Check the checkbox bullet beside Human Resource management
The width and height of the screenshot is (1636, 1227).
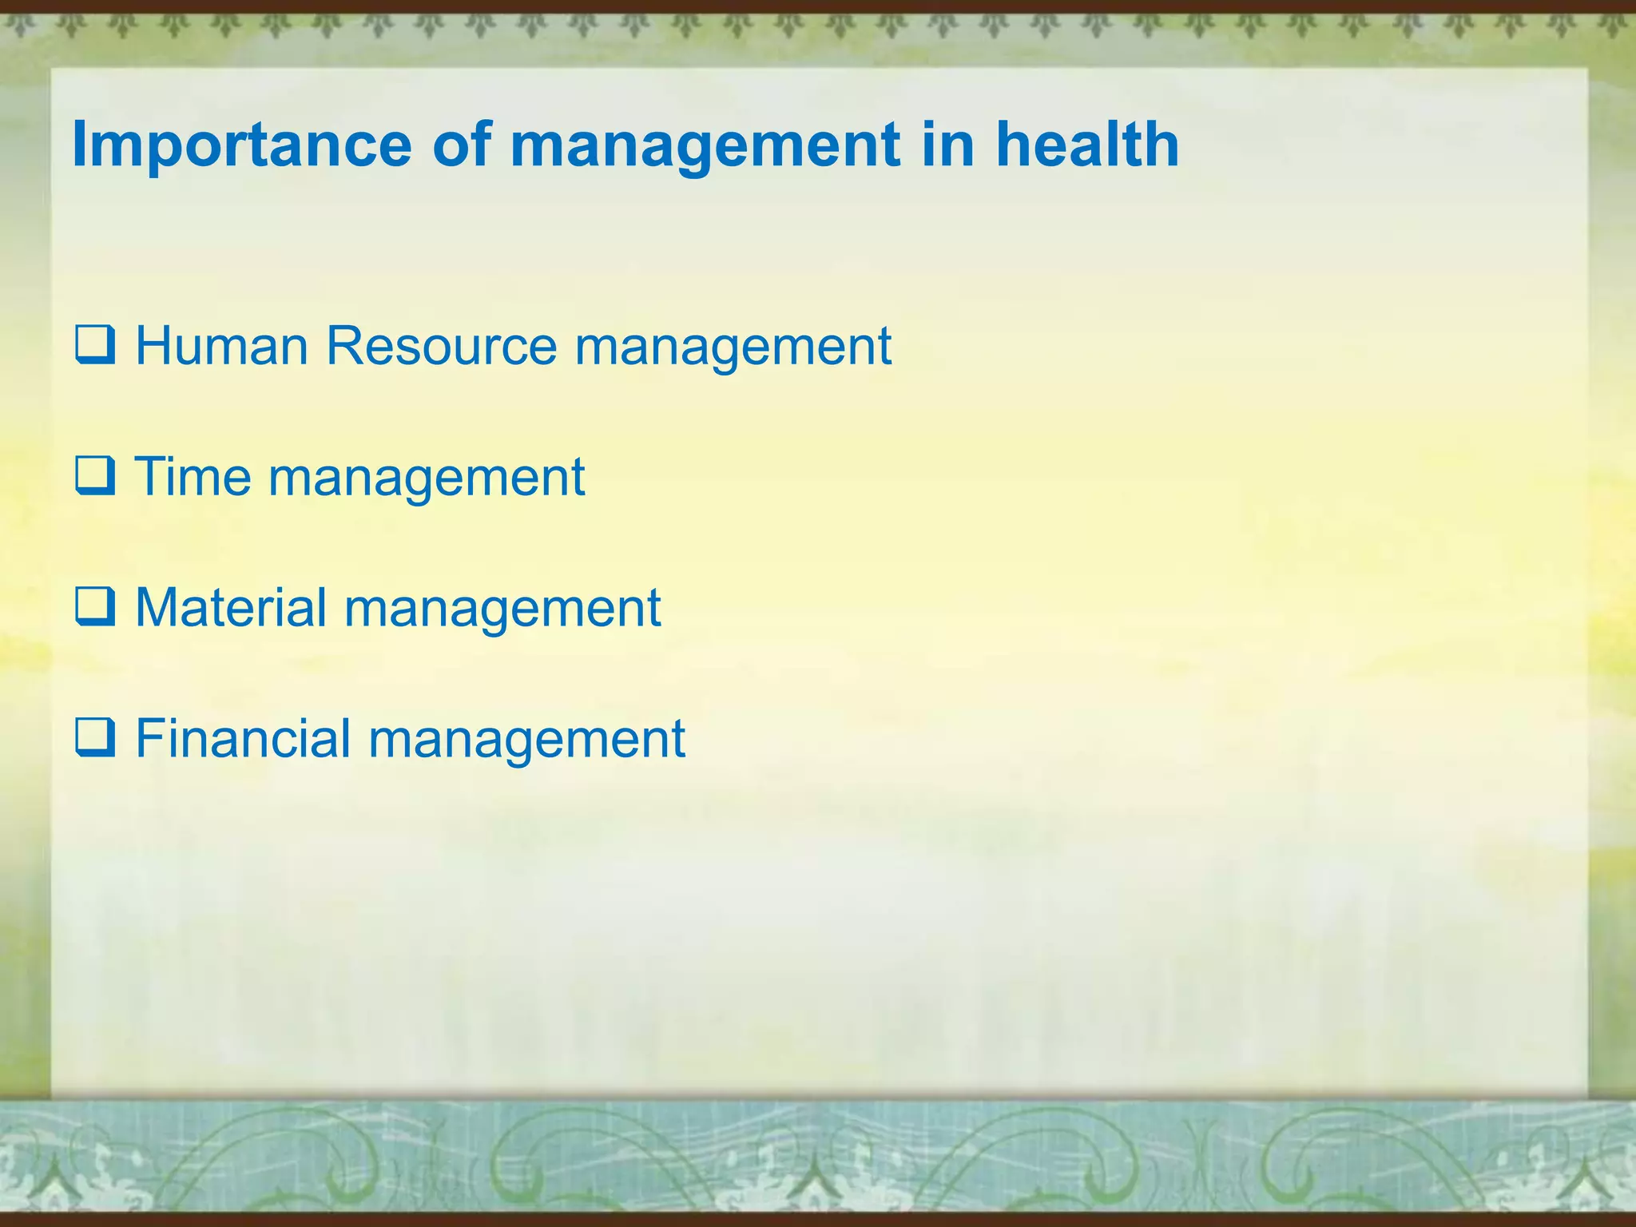pyautogui.click(x=95, y=346)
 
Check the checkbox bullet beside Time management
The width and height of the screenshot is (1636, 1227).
pyautogui.click(x=95, y=477)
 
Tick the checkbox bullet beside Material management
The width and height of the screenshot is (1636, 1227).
pyautogui.click(x=95, y=608)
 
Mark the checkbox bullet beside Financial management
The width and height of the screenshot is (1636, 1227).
pyautogui.click(x=95, y=738)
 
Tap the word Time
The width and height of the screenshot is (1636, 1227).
pyautogui.click(x=193, y=477)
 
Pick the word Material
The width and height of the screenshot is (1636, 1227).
pyautogui.click(x=231, y=608)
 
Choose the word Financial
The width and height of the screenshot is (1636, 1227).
pyautogui.click(x=243, y=738)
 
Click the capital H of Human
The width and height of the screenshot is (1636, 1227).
pyautogui.click(x=153, y=346)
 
